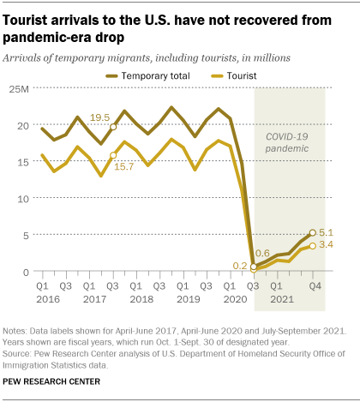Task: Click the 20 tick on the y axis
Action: tap(22, 126)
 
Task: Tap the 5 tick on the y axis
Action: tap(26, 235)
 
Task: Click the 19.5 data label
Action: tap(99, 117)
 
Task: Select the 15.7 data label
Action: tap(99, 168)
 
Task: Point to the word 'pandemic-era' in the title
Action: tap(62, 36)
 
